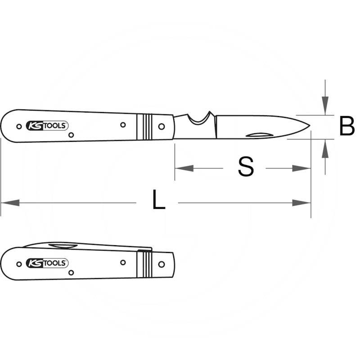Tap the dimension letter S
(246, 167)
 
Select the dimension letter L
(157, 200)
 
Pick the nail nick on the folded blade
(63, 245)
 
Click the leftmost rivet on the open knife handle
(18, 126)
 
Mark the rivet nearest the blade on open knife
(162, 126)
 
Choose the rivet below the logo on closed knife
(71, 272)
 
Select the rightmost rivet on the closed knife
(162, 264)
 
